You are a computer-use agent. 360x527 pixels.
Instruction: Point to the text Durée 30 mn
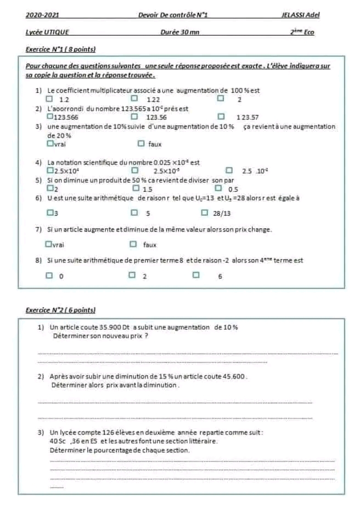(180, 32)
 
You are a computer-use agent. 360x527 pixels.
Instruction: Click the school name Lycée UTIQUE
(47, 32)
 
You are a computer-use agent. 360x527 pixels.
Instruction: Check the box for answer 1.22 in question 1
(134, 99)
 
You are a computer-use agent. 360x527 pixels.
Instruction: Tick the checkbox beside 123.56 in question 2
(134, 116)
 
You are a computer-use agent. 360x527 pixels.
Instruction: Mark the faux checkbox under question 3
(141, 144)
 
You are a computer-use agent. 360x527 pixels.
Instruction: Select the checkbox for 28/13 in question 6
(204, 212)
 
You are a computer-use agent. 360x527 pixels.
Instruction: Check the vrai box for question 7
(49, 244)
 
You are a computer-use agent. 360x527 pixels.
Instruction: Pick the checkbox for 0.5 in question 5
(219, 188)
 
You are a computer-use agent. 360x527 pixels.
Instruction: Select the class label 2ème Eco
(302, 32)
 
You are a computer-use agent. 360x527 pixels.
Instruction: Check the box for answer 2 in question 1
(221, 99)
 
